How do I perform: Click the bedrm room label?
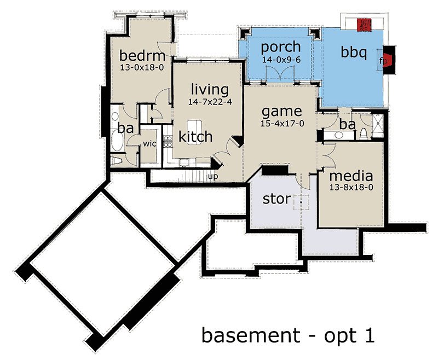pyautogui.click(x=142, y=56)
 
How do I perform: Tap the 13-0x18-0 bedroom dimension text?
pyautogui.click(x=142, y=67)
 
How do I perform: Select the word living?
pyautogui.click(x=210, y=90)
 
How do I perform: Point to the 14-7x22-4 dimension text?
pyautogui.click(x=210, y=102)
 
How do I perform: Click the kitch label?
pyautogui.click(x=195, y=136)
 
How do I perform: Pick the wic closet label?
pyautogui.click(x=149, y=144)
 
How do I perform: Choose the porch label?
pyautogui.click(x=280, y=48)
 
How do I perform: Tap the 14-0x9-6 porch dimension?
pyautogui.click(x=281, y=60)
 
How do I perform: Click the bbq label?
pyautogui.click(x=353, y=52)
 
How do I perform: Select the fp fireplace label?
pyautogui.click(x=383, y=61)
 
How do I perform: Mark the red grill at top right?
pyautogui.click(x=365, y=25)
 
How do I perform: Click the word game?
pyautogui.click(x=281, y=112)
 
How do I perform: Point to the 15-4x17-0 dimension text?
pyautogui.click(x=282, y=124)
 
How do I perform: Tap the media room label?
pyautogui.click(x=351, y=176)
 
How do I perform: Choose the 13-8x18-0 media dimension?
pyautogui.click(x=351, y=187)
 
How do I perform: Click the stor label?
pyautogui.click(x=277, y=199)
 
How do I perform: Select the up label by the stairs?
pyautogui.click(x=213, y=177)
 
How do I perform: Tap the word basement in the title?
pyautogui.click(x=251, y=335)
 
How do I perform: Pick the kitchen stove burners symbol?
pyautogui.click(x=168, y=141)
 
